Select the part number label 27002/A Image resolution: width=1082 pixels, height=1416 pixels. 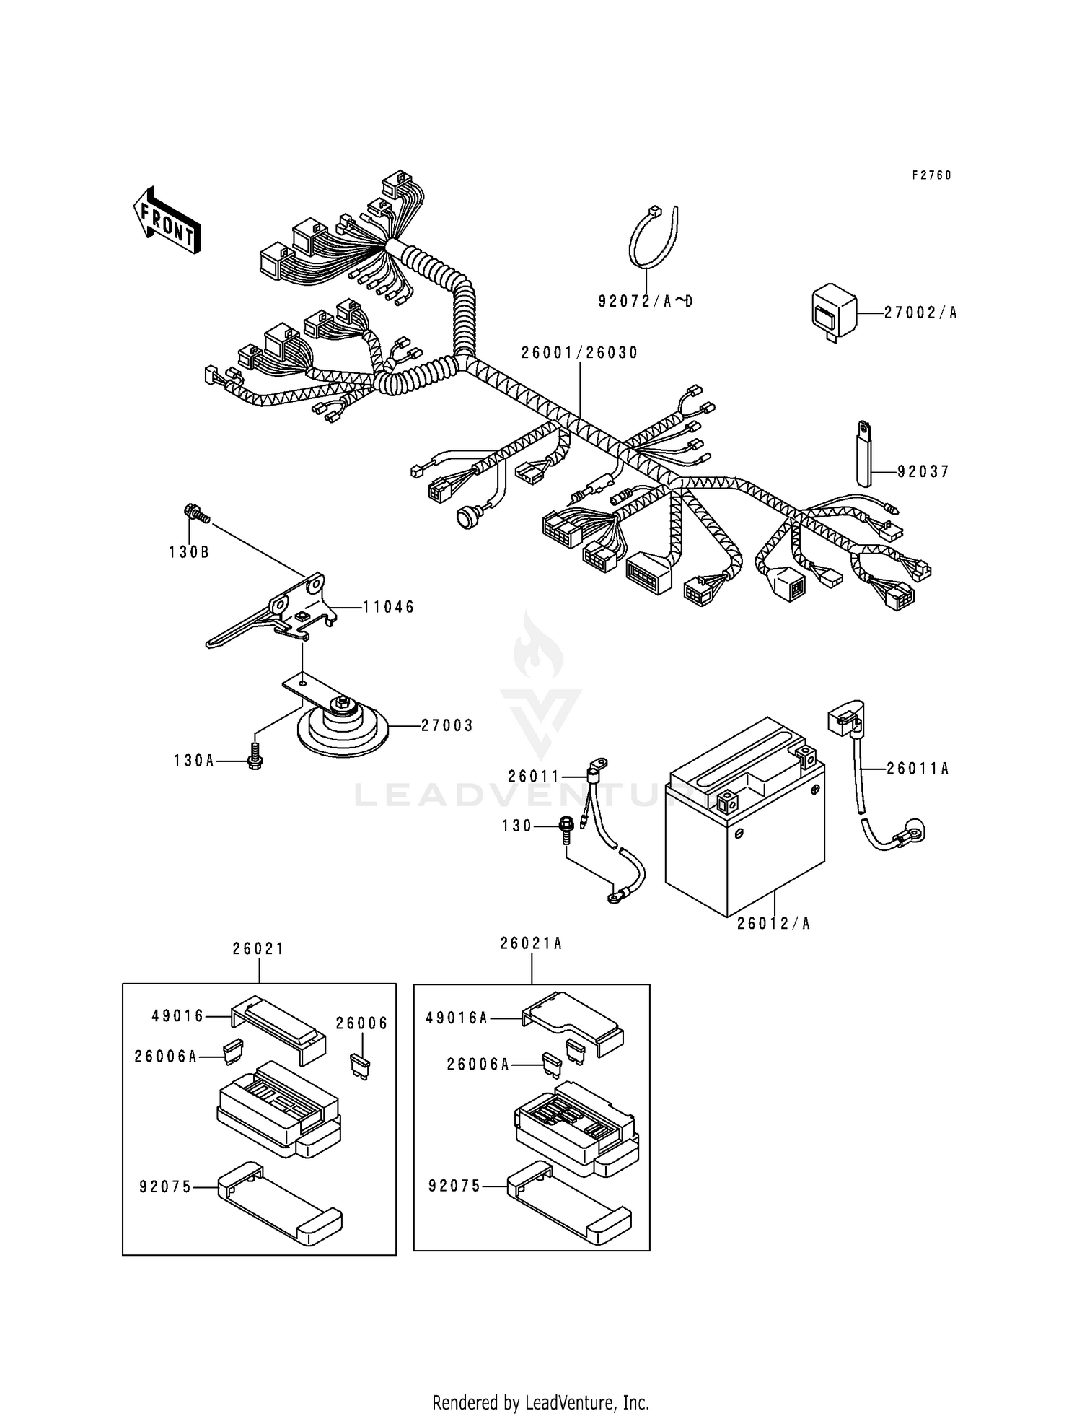click(x=921, y=313)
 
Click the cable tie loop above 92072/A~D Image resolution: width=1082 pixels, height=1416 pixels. click(x=653, y=238)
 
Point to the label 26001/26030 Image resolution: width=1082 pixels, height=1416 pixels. click(x=580, y=353)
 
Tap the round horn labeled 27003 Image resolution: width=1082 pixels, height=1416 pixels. click(x=341, y=726)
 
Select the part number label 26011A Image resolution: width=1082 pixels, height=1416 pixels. click(x=917, y=769)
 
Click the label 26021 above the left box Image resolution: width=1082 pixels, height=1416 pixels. click(x=258, y=949)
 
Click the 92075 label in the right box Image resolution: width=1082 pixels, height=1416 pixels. click(x=454, y=1186)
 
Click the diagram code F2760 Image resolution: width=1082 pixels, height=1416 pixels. click(x=931, y=175)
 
